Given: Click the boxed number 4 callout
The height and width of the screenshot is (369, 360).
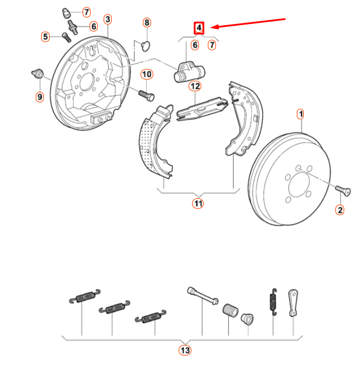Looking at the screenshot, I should point(200,27).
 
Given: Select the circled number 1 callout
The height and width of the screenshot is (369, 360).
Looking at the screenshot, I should point(300,113).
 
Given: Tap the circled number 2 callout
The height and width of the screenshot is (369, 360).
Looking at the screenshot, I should point(339,209).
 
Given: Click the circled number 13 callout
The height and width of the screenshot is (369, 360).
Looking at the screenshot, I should point(185,350).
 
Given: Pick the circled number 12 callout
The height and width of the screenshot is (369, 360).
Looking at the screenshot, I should point(195,87).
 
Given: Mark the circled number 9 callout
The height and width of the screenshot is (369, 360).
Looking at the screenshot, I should point(40,96).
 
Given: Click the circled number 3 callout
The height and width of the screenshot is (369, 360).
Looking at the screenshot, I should point(108,20).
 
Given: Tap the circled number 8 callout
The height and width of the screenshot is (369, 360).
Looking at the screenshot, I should point(147,23).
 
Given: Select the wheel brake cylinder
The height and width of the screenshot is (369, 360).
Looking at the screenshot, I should point(189,72).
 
